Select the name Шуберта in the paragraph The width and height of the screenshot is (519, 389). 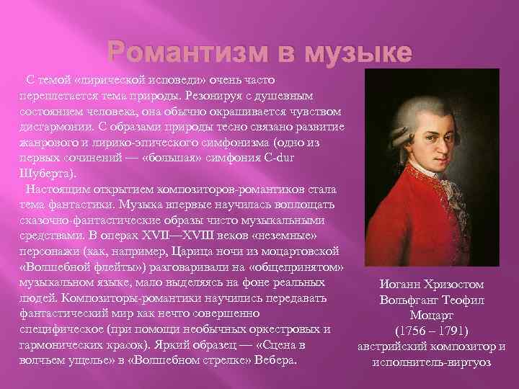[x=45, y=173]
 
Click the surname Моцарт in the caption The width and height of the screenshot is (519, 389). [x=432, y=316]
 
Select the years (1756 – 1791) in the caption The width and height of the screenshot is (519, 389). [x=432, y=331]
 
